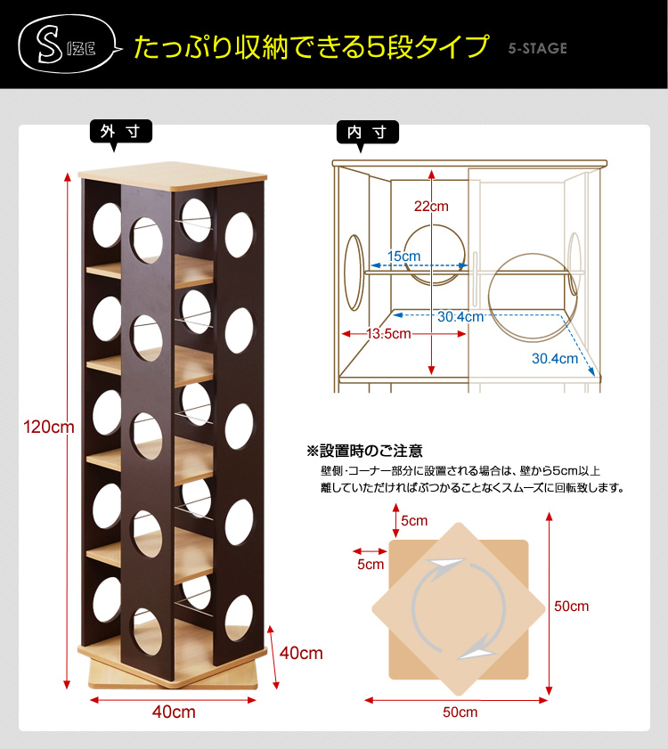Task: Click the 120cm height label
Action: (x=49, y=427)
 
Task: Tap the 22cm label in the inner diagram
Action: (x=431, y=207)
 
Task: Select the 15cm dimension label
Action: (x=403, y=256)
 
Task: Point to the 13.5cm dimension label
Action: (x=388, y=333)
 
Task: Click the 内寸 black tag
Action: (x=368, y=134)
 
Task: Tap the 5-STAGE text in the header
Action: (x=538, y=48)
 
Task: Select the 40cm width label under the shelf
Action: (x=174, y=712)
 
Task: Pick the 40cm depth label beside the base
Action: (x=301, y=653)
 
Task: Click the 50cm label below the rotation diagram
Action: (x=460, y=712)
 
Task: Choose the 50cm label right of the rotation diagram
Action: (x=572, y=607)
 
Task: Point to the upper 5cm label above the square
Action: (x=414, y=520)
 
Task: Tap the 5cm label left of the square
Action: (x=371, y=564)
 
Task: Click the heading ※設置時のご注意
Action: (x=364, y=451)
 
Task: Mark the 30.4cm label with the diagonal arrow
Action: (x=555, y=358)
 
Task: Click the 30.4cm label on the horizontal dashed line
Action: (x=460, y=317)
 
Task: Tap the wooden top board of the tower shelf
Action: (x=173, y=175)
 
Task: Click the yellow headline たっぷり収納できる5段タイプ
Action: (x=312, y=47)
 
